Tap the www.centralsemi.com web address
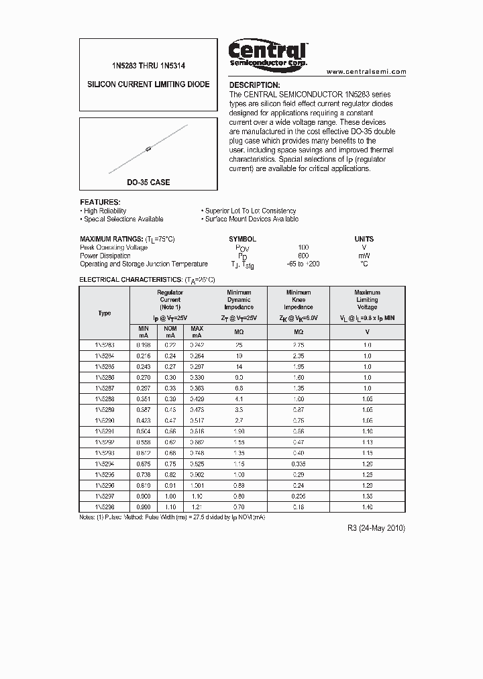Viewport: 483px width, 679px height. (x=366, y=72)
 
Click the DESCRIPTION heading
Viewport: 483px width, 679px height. (x=254, y=85)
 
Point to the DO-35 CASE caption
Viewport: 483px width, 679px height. (x=148, y=182)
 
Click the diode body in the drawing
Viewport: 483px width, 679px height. (x=148, y=150)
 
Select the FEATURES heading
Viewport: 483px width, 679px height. (x=100, y=202)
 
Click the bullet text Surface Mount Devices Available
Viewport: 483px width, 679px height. (x=252, y=219)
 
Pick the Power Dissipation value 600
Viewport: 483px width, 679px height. (x=303, y=256)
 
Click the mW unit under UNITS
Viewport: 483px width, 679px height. (x=364, y=256)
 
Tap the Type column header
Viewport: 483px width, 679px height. (x=105, y=313)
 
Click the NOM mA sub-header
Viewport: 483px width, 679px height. (x=170, y=331)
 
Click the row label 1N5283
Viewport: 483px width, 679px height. (x=105, y=345)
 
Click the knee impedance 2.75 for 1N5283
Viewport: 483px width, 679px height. (x=299, y=345)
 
